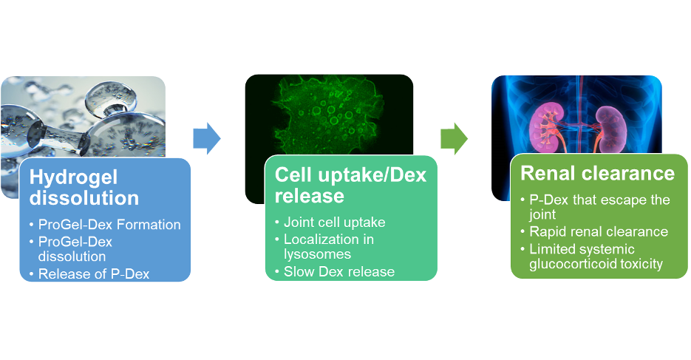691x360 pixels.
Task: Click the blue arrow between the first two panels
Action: [207, 138]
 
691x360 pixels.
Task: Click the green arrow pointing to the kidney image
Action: [454, 138]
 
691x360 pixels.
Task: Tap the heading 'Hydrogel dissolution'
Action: [84, 188]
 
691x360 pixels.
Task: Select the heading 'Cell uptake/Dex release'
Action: [350, 185]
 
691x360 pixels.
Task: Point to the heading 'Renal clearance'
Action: [598, 173]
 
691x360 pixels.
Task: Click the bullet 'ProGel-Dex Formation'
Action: [109, 225]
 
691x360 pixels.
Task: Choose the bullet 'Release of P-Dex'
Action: [94, 274]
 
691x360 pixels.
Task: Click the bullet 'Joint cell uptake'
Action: [335, 222]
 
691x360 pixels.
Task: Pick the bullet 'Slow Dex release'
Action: [339, 271]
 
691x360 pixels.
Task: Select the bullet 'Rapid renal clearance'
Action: [599, 232]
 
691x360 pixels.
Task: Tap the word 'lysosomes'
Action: [317, 254]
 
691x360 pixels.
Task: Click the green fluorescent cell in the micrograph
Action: [330, 119]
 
